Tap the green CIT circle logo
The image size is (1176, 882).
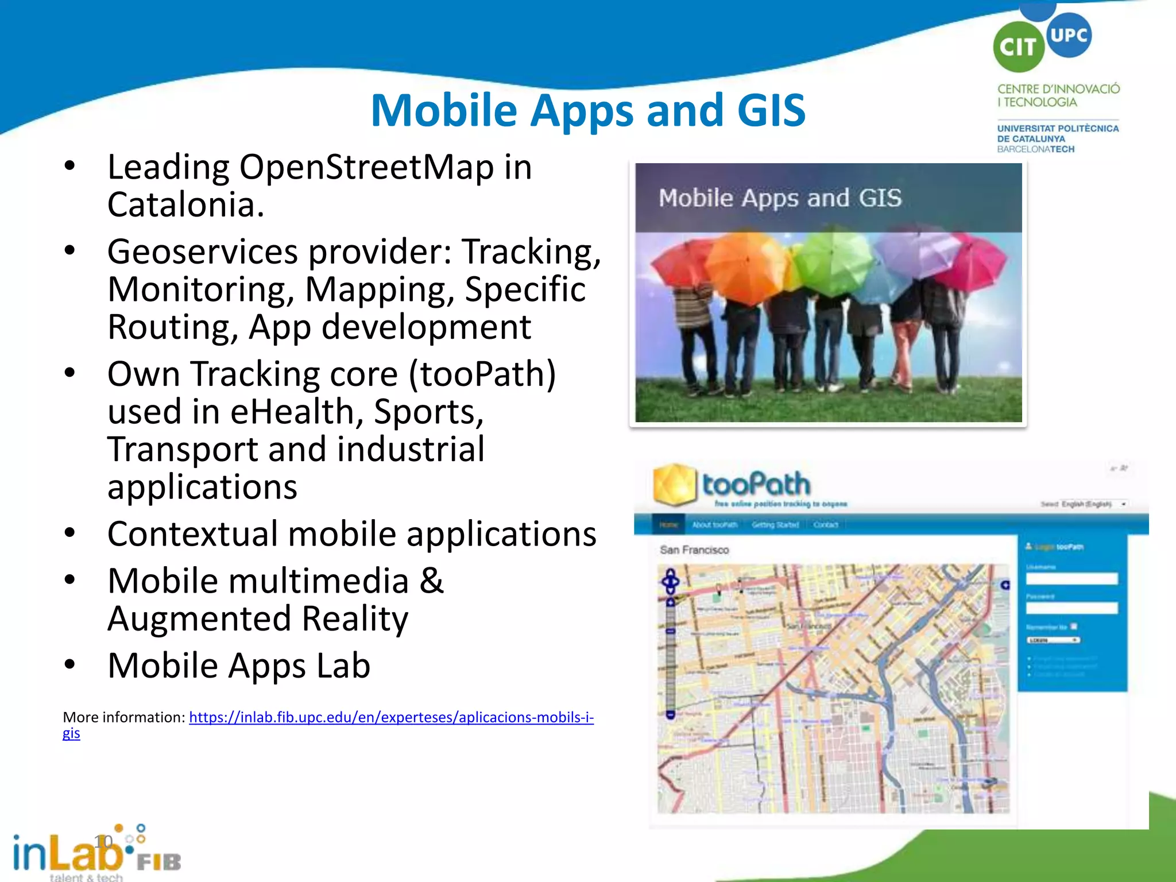tap(1018, 47)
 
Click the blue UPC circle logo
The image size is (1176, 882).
tap(1069, 35)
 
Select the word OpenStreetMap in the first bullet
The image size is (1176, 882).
tap(366, 168)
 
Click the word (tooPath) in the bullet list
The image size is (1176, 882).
tap(482, 374)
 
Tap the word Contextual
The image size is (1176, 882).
tap(192, 534)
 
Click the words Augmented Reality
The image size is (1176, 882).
tap(258, 618)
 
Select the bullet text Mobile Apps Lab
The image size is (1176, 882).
tap(239, 666)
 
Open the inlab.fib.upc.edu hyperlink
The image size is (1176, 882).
tap(391, 717)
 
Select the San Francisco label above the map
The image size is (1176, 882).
tap(694, 550)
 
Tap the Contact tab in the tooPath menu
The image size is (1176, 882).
tap(826, 525)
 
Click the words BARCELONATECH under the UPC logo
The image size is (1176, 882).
tap(1035, 149)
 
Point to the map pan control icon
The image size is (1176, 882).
tap(671, 581)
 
